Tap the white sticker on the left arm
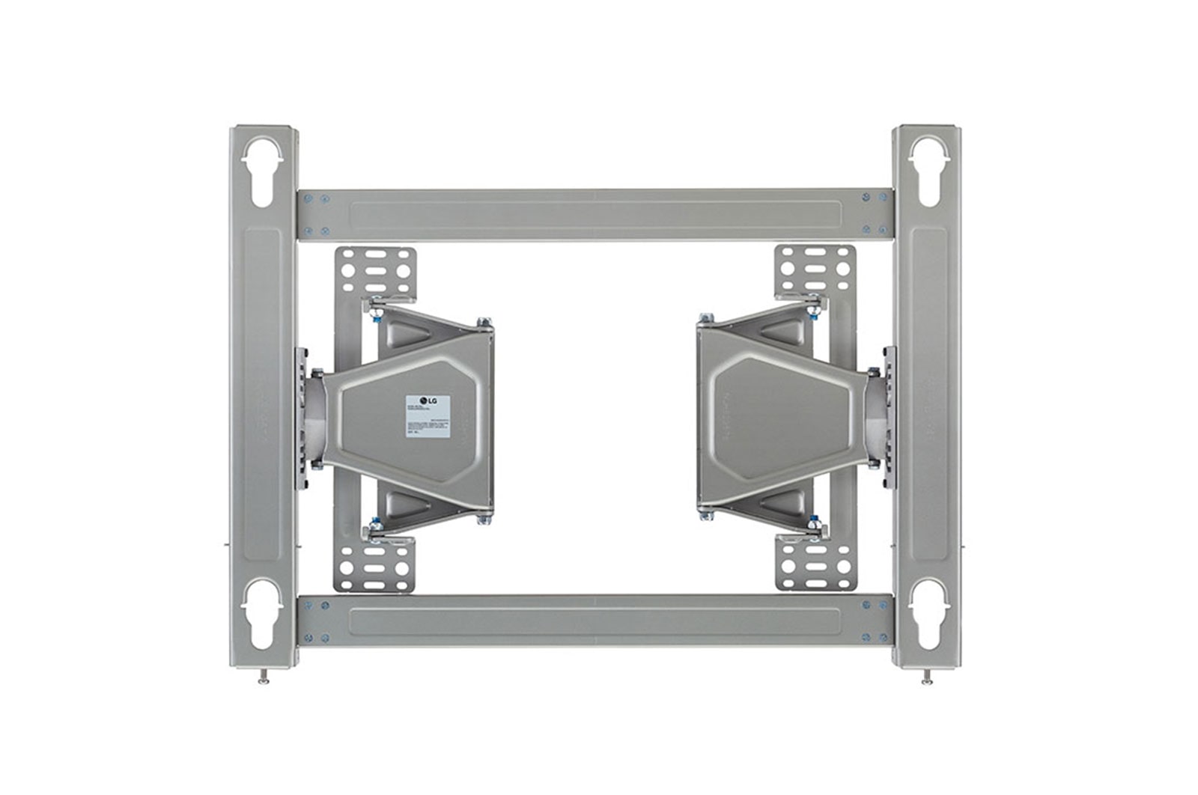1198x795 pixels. (428, 416)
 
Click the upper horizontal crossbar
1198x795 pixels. (595, 215)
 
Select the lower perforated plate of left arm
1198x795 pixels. (374, 564)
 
